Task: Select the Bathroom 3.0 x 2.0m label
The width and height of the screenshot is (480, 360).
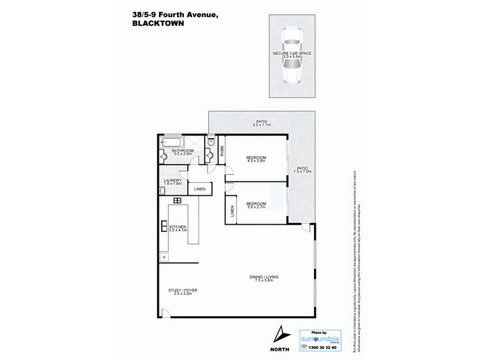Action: click(x=182, y=152)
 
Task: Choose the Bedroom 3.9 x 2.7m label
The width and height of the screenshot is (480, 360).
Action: click(x=256, y=205)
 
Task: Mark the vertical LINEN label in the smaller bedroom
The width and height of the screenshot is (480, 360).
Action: click(x=232, y=212)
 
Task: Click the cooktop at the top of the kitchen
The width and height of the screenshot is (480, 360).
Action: click(x=178, y=200)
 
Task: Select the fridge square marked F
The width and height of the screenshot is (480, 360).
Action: click(x=163, y=258)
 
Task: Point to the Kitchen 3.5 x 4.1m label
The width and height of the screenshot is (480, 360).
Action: click(x=178, y=228)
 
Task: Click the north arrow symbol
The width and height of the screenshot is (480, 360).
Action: click(x=280, y=334)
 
